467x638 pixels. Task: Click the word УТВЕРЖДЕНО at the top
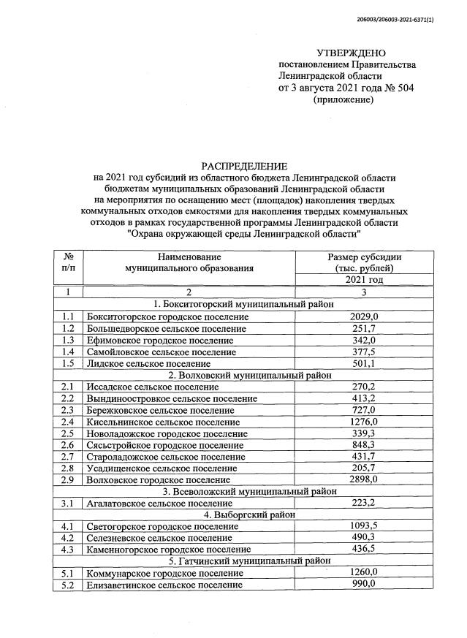point(350,53)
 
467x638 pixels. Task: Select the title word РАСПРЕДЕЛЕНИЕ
point(244,167)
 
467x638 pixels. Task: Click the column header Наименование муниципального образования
point(189,262)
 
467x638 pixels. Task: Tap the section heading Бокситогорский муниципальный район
point(244,304)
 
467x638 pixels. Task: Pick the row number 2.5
point(68,433)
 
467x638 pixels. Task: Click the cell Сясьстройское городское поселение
point(162,445)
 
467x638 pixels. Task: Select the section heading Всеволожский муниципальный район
point(244,492)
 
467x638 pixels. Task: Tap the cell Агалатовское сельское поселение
point(159,504)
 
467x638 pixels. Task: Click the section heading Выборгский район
point(244,514)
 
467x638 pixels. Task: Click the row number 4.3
point(68,549)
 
